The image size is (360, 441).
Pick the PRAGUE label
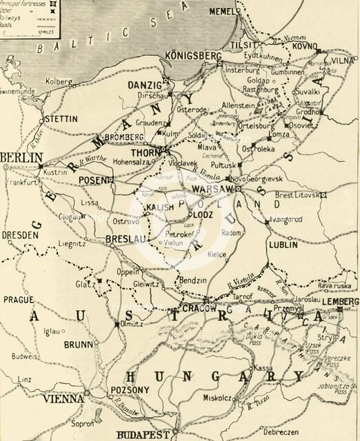(18, 299)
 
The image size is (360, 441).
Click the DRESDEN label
(19, 235)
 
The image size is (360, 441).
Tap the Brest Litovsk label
(300, 195)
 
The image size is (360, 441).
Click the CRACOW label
(200, 308)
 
